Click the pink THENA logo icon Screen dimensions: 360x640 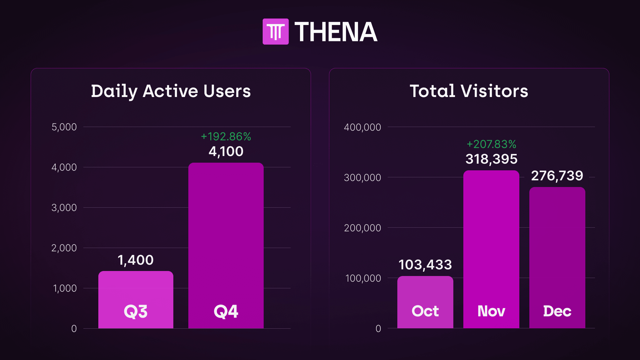[275, 32]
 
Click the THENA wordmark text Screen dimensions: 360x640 [336, 32]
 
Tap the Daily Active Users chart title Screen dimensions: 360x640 [171, 91]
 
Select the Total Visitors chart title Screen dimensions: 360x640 [469, 91]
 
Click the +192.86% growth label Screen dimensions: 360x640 [226, 136]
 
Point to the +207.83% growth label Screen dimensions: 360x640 [491, 144]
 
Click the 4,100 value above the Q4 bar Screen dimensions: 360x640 [226, 152]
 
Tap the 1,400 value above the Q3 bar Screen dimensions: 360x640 [135, 260]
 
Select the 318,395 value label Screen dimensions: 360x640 [491, 159]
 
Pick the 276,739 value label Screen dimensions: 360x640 [557, 176]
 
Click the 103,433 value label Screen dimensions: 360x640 [425, 265]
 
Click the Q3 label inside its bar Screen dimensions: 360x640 [135, 312]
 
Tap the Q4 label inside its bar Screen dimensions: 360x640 [226, 312]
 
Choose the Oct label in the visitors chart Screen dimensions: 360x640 [425, 311]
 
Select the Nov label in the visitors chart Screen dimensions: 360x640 [491, 311]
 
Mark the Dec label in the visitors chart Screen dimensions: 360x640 [557, 311]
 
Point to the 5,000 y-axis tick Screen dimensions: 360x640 [64, 127]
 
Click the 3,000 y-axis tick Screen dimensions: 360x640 [64, 208]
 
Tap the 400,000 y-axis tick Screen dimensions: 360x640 [362, 127]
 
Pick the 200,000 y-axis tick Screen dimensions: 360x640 [362, 228]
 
